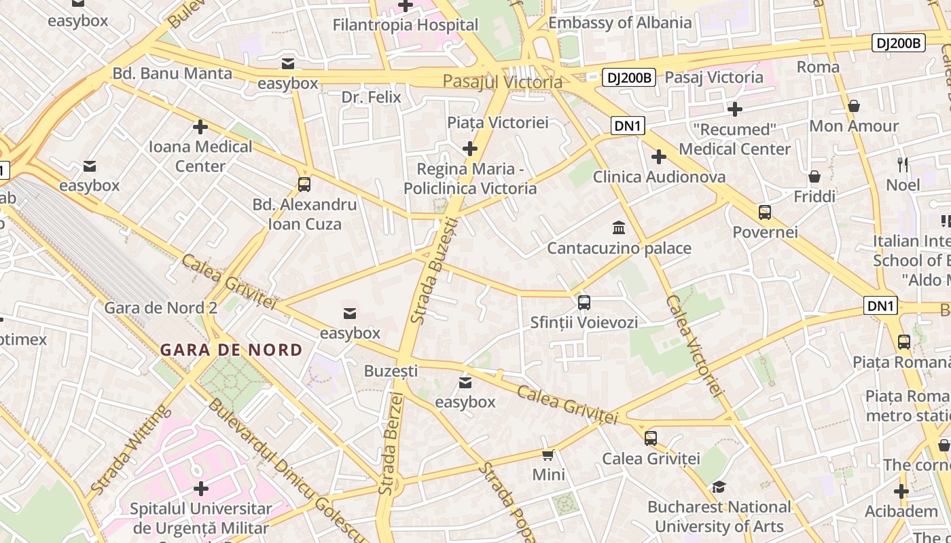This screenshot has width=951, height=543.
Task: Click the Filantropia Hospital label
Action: [406, 25]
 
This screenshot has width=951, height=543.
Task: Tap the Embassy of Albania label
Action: [620, 22]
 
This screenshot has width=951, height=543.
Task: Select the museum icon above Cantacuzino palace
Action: [619, 227]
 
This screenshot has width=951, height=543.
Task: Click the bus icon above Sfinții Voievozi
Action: [584, 303]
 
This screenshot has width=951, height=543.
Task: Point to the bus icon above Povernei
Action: [765, 212]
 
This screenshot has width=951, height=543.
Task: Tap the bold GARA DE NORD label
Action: [231, 350]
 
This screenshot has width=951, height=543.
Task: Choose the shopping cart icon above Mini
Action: [548, 455]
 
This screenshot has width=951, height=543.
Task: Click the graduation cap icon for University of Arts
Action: [719, 487]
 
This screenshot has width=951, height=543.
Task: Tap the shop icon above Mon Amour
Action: [854, 106]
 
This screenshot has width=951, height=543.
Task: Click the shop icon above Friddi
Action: [814, 177]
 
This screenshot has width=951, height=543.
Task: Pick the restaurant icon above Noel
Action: [903, 164]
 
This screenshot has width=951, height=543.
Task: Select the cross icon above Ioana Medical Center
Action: [200, 126]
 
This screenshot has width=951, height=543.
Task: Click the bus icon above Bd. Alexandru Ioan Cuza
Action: [304, 185]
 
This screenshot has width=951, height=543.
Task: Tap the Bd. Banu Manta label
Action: [172, 73]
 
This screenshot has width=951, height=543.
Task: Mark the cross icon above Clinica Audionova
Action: [658, 157]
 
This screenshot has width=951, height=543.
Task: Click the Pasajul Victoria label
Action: [502, 82]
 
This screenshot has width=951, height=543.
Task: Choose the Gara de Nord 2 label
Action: [160, 308]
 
